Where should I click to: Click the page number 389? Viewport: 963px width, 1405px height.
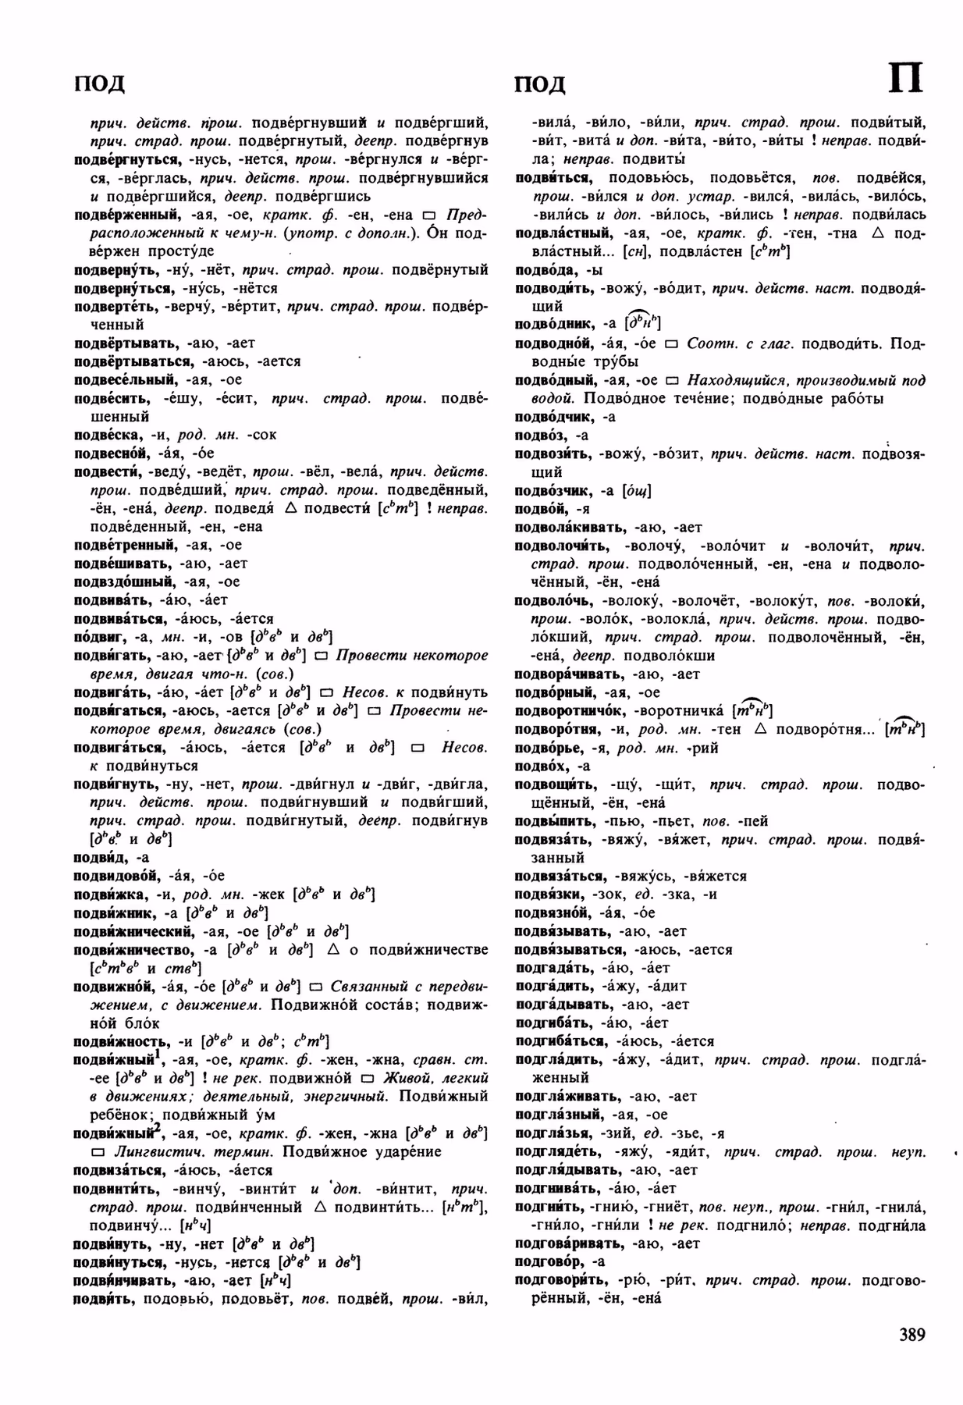pos(911,1335)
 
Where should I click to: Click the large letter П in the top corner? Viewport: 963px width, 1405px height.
pos(905,80)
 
